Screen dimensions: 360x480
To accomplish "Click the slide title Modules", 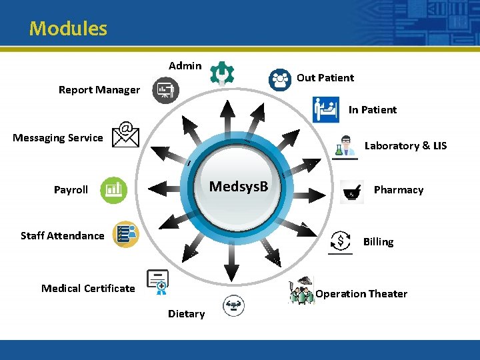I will (x=68, y=29).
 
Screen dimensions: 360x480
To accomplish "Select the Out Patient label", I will (x=325, y=78).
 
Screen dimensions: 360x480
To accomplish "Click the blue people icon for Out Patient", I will (x=280, y=79).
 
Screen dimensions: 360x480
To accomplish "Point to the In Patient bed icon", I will (x=325, y=109).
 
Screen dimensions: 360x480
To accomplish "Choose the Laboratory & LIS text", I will (x=405, y=146).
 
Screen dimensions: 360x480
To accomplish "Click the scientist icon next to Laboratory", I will (x=345, y=147).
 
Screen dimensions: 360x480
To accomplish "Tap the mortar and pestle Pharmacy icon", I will (x=351, y=191).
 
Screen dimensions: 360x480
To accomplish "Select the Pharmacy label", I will (x=398, y=190).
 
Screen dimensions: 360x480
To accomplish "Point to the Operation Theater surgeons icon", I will (x=301, y=291).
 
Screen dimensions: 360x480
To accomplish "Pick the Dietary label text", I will (x=186, y=314).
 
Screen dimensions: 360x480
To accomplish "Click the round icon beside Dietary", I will (x=233, y=306).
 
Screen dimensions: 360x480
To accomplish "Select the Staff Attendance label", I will (x=63, y=235).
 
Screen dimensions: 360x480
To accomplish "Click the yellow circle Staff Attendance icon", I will (x=125, y=234).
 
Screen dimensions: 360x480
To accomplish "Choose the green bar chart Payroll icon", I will (x=113, y=190).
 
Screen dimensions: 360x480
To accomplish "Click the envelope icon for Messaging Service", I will (x=125, y=135).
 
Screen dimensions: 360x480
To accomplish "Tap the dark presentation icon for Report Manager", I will (x=165, y=90).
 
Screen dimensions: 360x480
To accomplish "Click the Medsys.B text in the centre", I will (x=239, y=186).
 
